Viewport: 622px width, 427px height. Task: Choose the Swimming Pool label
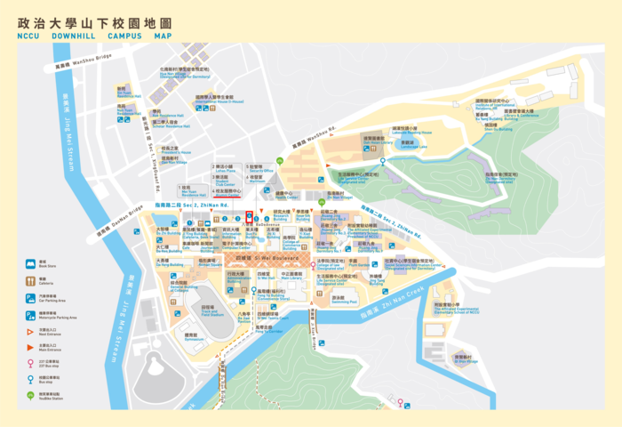339,300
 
